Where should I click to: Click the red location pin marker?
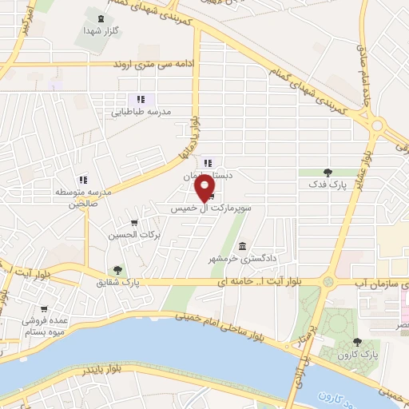click(x=205, y=187)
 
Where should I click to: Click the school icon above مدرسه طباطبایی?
click(x=141, y=100)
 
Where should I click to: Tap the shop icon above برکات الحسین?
click(x=134, y=224)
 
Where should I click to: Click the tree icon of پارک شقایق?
click(x=118, y=270)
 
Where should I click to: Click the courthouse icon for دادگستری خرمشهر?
click(x=242, y=247)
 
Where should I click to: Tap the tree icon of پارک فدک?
click(x=327, y=172)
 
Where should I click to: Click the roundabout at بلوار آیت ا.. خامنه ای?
click(x=328, y=281)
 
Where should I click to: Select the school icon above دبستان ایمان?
click(x=207, y=162)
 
